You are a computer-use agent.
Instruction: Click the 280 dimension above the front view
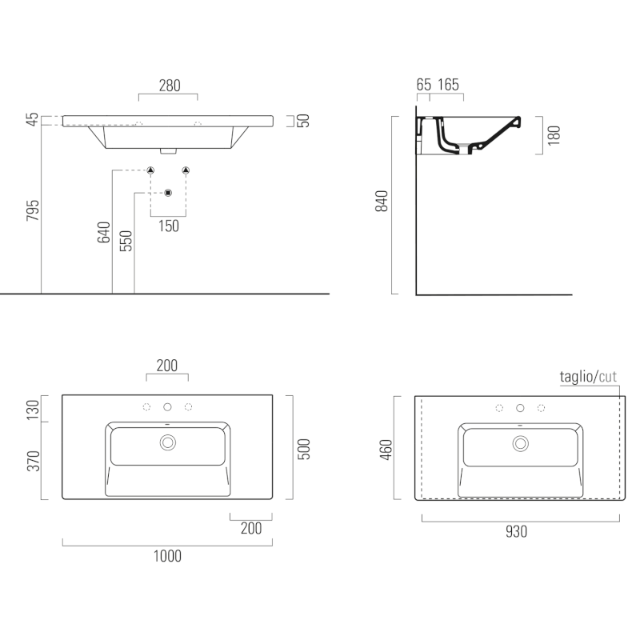click(170, 86)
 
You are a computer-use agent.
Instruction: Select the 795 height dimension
click(33, 210)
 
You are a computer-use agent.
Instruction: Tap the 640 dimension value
click(104, 232)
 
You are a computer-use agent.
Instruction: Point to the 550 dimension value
click(126, 241)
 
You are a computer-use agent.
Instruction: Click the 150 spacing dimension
click(169, 226)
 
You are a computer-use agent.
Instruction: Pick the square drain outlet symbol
click(168, 193)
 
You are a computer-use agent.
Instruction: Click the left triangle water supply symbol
click(150, 170)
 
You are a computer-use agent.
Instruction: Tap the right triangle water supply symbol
click(186, 170)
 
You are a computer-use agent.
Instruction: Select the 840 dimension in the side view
click(382, 201)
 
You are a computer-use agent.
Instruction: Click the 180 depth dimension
click(554, 135)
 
